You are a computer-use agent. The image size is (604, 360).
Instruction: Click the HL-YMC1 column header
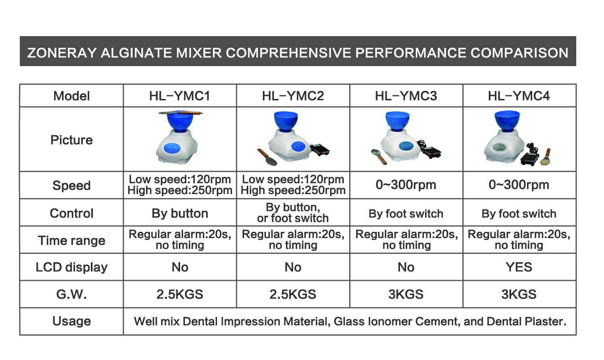click(x=180, y=96)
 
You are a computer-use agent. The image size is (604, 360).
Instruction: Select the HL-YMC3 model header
click(x=406, y=96)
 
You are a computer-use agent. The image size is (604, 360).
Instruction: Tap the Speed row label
click(x=71, y=186)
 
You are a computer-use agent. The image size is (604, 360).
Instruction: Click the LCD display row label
click(x=71, y=267)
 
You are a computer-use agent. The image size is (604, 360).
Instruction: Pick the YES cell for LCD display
click(x=519, y=267)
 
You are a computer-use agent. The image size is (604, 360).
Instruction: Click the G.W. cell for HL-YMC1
click(x=180, y=294)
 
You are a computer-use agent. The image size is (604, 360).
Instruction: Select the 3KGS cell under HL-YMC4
click(x=519, y=294)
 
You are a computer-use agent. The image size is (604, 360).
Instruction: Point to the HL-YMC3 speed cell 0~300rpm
click(x=406, y=185)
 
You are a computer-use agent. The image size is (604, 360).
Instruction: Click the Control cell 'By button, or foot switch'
click(x=293, y=212)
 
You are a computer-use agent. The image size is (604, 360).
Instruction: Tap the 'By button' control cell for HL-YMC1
click(x=180, y=213)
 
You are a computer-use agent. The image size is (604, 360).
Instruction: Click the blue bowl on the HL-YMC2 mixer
click(x=286, y=121)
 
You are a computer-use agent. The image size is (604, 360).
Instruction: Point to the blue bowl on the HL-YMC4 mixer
click(x=507, y=120)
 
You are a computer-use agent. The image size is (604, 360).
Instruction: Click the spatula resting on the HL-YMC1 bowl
click(x=181, y=113)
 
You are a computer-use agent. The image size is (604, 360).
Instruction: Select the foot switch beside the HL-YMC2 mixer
click(x=320, y=150)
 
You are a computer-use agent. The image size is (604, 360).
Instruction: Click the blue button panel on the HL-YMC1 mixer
click(x=172, y=148)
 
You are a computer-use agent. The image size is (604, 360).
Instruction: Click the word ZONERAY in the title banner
click(x=62, y=53)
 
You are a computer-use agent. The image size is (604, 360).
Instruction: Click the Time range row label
click(x=71, y=240)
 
